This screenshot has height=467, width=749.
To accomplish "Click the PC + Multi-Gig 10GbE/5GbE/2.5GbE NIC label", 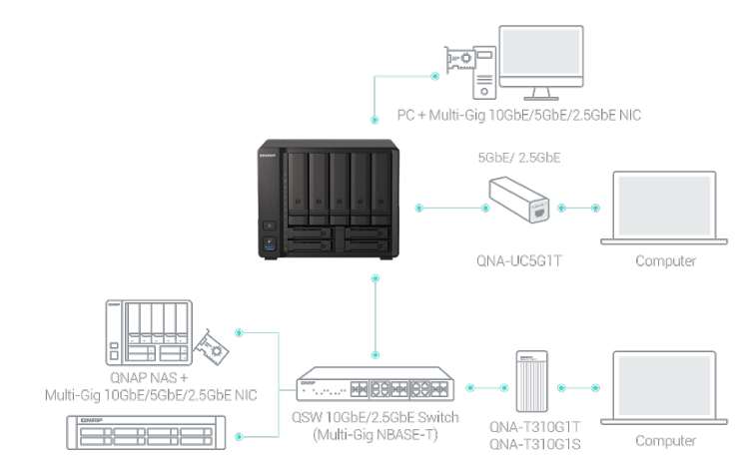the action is [x=518, y=115].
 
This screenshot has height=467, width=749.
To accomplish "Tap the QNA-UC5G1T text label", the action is [x=518, y=260].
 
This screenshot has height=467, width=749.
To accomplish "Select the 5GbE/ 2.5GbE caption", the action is [x=518, y=158].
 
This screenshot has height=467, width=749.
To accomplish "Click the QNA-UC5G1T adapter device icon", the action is [x=518, y=200].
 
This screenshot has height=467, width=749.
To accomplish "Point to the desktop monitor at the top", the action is [x=541, y=63].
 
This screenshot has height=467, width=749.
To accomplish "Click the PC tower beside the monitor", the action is [x=484, y=73].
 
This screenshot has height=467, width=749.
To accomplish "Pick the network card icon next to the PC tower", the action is [x=459, y=59].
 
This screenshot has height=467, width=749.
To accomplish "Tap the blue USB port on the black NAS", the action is [x=269, y=244].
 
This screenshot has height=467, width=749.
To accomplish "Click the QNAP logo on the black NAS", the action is [x=268, y=156].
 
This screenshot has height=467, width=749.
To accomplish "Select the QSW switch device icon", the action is [x=375, y=384].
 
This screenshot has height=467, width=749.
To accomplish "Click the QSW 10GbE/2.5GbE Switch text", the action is [x=374, y=417].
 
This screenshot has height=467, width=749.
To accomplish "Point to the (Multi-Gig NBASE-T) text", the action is [x=374, y=435].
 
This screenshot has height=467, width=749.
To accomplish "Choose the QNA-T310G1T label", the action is [x=534, y=426].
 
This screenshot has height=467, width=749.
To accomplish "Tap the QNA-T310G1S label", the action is [x=534, y=444].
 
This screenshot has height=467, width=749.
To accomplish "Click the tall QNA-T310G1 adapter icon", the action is [x=531, y=381].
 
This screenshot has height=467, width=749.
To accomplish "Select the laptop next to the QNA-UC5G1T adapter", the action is [x=664, y=208].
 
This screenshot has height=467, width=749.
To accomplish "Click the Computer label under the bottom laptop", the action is [x=665, y=440].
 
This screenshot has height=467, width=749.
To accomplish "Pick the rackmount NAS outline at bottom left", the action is [x=146, y=433].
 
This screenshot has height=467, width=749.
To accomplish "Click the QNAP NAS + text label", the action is [x=149, y=377].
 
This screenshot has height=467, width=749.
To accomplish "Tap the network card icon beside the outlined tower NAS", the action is [x=211, y=347].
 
